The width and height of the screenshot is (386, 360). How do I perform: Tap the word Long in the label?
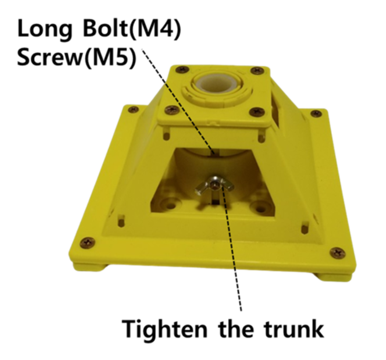point(45,30)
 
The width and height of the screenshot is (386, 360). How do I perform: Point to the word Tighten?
point(167,329)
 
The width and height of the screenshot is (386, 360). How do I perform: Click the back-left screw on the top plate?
point(183,70)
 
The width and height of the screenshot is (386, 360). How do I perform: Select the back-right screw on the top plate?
point(256,71)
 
